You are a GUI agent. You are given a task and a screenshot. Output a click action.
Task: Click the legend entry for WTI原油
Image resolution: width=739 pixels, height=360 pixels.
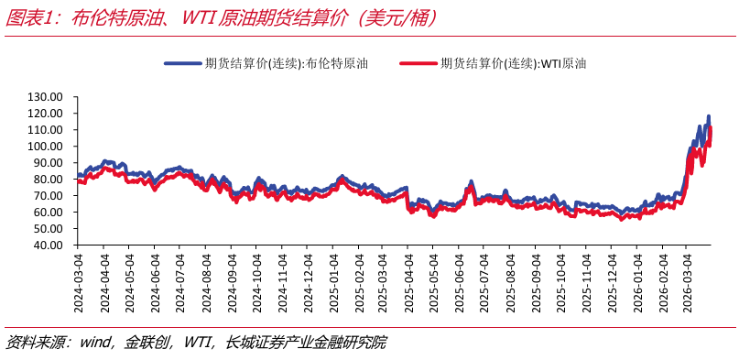pyautogui.click(x=513, y=63)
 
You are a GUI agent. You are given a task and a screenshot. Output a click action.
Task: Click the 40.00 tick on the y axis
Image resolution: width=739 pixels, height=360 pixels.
pyautogui.click(x=46, y=245)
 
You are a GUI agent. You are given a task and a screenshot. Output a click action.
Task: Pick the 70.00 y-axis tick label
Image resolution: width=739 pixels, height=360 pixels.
pyautogui.click(x=46, y=196)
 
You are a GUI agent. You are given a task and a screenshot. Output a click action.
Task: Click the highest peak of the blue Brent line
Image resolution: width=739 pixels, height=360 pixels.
pyautogui.click(x=708, y=117)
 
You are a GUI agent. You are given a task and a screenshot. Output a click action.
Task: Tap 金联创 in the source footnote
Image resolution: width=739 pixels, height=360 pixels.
pyautogui.click(x=147, y=343)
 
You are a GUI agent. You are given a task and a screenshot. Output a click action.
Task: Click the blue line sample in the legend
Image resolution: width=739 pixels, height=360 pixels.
pyautogui.click(x=182, y=63)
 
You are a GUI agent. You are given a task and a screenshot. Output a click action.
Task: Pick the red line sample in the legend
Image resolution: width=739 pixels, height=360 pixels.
pyautogui.click(x=418, y=63)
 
